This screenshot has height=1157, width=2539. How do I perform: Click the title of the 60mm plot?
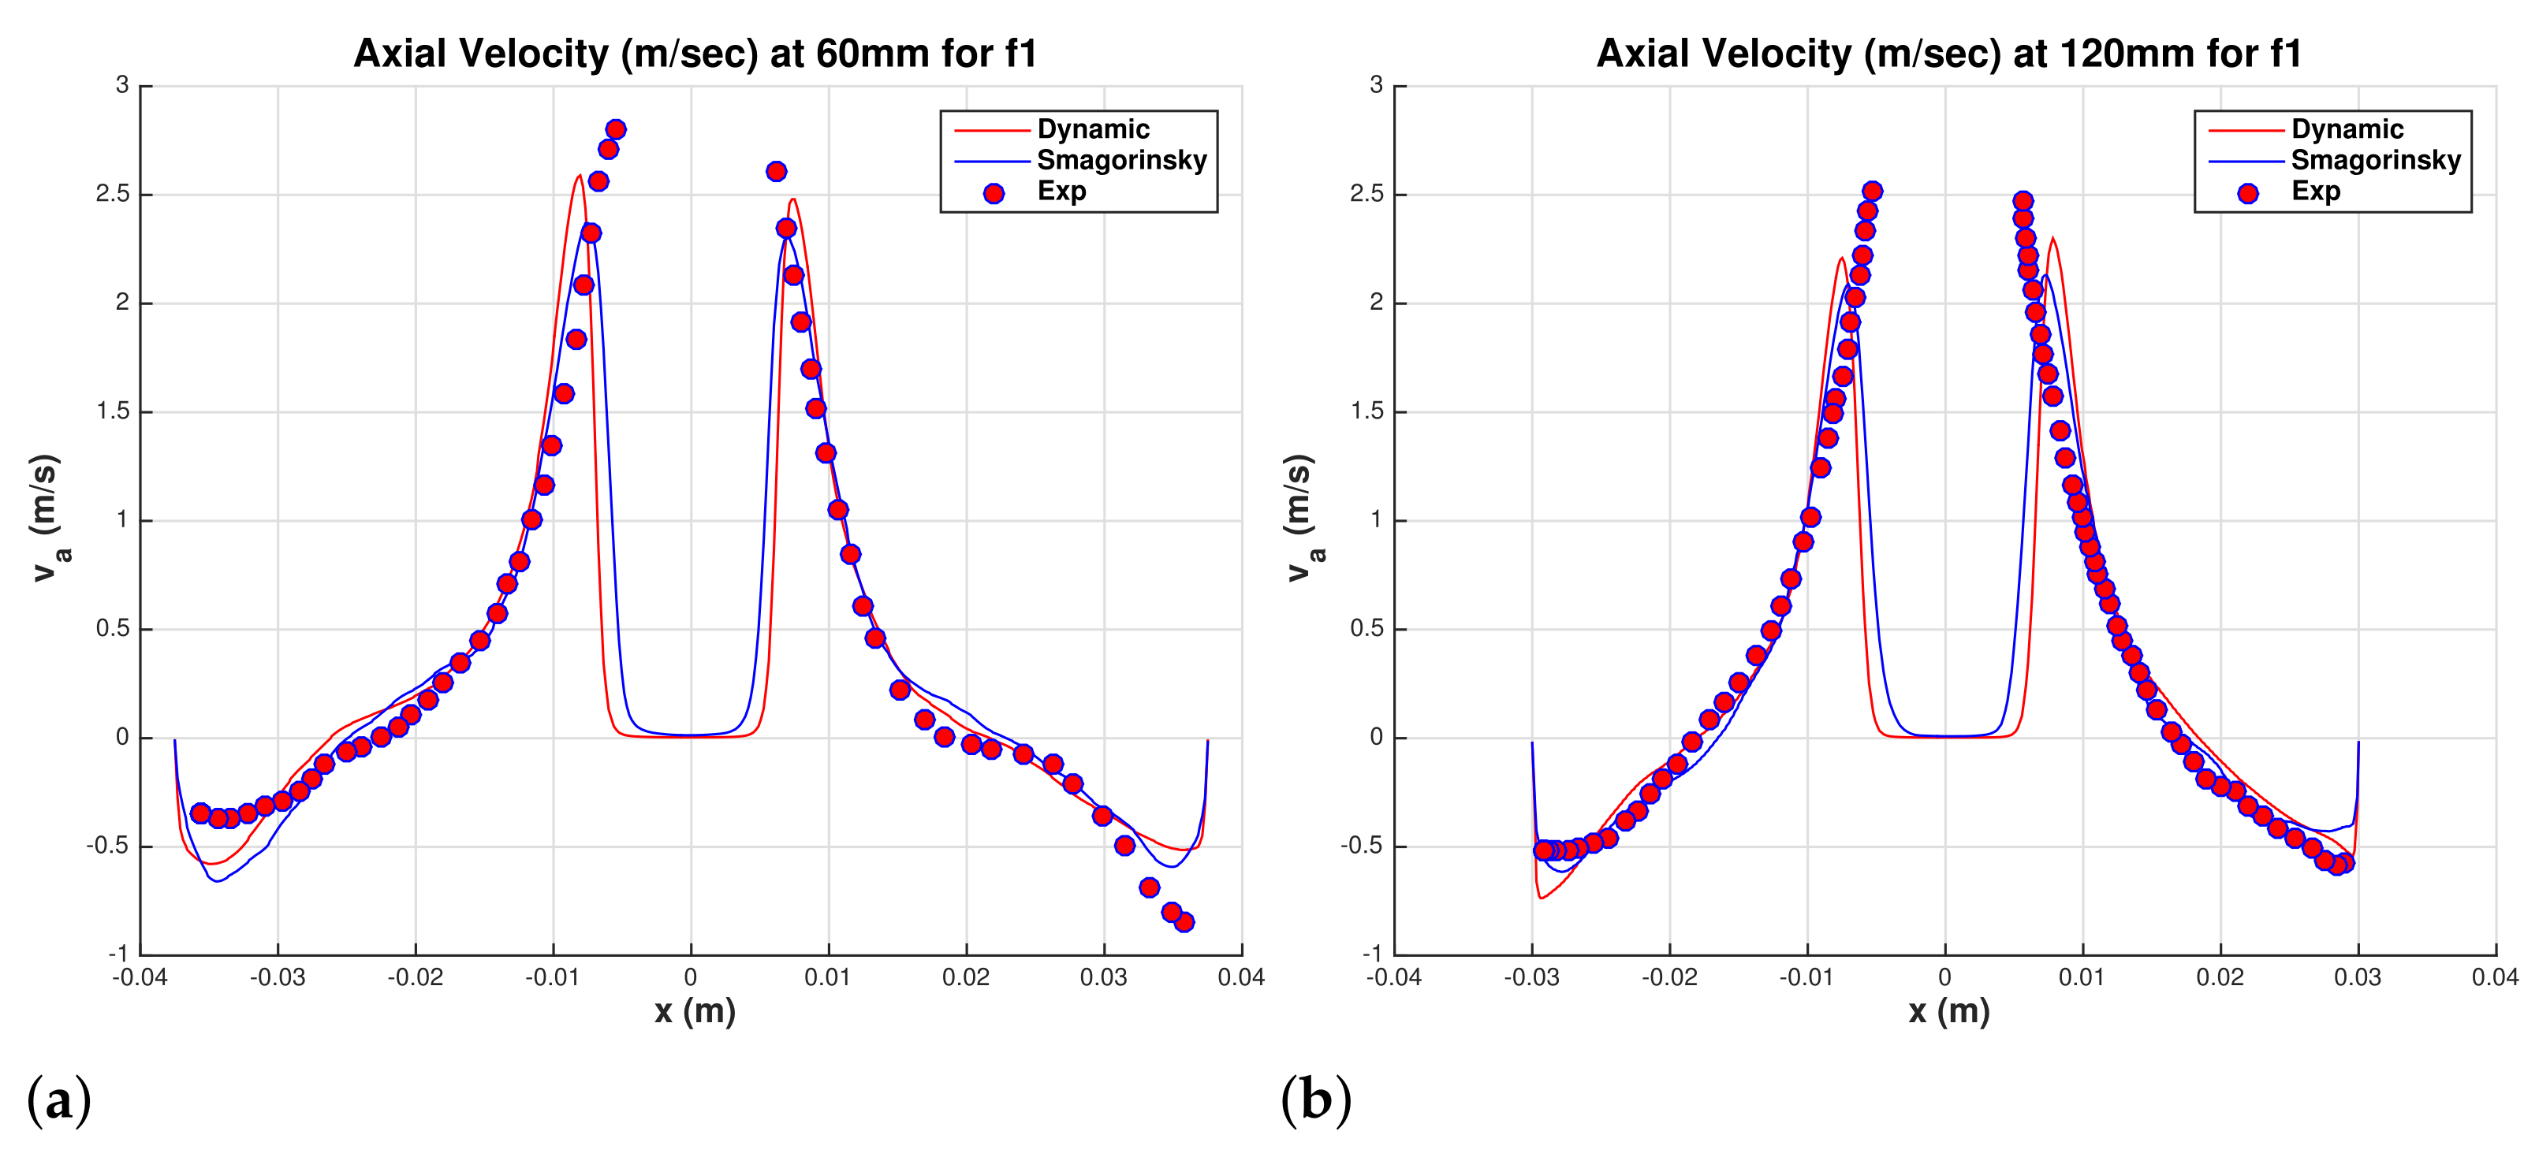pos(695,54)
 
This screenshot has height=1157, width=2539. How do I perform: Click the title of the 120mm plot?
pos(1948,54)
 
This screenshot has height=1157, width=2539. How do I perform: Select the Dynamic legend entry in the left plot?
pos(1093,129)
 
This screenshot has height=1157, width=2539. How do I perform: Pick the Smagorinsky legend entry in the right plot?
pos(2375,160)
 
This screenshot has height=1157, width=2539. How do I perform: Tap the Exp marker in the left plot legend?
pos(994,193)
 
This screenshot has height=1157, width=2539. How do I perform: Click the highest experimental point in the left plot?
pos(616,129)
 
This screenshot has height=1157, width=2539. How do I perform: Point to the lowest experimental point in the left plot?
pos(1184,922)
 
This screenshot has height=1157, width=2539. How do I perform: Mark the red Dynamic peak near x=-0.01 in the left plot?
pos(580,177)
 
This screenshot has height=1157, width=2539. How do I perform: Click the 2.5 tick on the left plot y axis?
pos(114,194)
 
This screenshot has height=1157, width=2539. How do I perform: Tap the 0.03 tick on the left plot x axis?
pos(1103,977)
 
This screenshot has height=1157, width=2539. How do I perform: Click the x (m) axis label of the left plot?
pos(695,1011)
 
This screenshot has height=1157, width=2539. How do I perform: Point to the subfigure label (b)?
pos(1315,1099)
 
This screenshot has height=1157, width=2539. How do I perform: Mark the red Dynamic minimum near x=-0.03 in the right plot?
pos(1541,898)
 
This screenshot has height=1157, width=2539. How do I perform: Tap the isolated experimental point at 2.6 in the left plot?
pos(776,172)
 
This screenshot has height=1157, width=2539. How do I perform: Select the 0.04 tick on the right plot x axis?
pos(2495,977)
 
